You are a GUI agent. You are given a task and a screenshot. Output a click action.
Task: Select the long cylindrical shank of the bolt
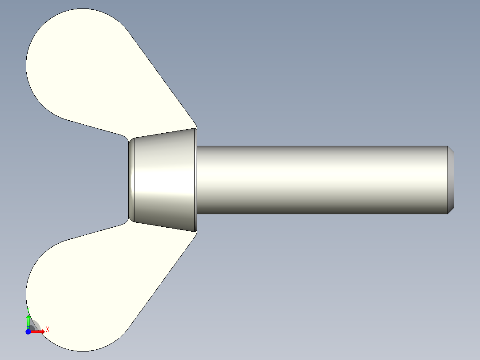pyautogui.click(x=321, y=178)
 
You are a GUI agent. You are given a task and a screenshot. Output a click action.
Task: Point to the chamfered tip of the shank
pyautogui.click(x=451, y=180)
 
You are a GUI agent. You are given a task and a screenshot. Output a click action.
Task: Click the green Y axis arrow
pyautogui.click(x=28, y=321)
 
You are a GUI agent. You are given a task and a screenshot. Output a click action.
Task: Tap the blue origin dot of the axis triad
pyautogui.click(x=28, y=331)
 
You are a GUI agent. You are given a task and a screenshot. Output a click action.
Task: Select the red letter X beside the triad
pyautogui.click(x=48, y=329)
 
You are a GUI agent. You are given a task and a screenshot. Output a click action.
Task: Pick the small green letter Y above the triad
pyautogui.click(x=28, y=308)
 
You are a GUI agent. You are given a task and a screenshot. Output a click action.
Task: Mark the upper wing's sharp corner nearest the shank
pyautogui.click(x=196, y=127)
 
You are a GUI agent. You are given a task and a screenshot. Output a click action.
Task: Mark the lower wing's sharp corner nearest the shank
pyautogui.click(x=196, y=232)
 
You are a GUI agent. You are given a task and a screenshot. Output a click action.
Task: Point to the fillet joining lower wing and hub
pyautogui.click(x=126, y=221)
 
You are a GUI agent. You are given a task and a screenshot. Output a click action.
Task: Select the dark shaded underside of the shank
pyautogui.click(x=321, y=210)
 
